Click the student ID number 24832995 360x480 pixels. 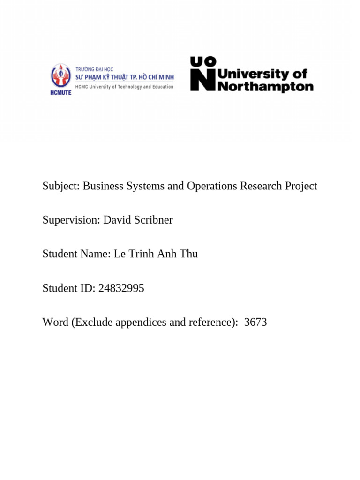point(121,288)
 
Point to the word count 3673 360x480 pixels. point(255,322)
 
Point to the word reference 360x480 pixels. point(210,322)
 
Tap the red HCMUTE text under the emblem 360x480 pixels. point(61,92)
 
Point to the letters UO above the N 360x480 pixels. point(203,61)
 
